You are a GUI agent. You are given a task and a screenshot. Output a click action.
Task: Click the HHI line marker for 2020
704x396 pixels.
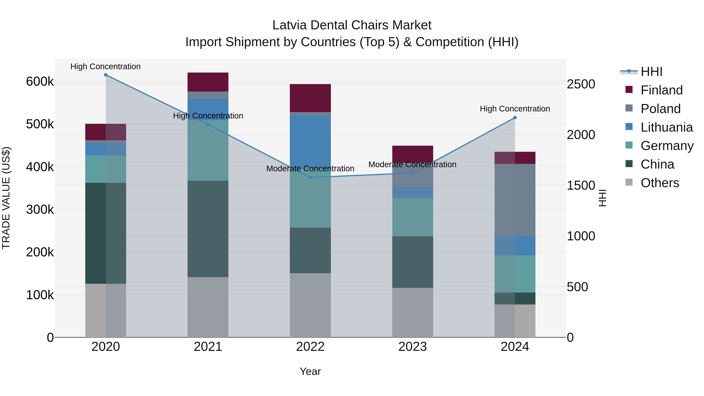106,75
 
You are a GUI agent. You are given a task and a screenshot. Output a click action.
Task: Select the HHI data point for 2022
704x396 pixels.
310,177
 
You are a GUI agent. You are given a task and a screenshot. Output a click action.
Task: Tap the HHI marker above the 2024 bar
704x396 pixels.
515,118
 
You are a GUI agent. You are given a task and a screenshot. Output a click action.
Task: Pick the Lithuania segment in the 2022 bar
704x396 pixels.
310,139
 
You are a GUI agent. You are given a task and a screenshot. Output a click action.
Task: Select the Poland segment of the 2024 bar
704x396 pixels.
515,200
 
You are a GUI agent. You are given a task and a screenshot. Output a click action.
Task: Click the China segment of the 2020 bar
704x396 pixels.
106,233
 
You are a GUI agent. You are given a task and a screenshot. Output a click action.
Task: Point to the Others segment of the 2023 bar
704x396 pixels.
413,312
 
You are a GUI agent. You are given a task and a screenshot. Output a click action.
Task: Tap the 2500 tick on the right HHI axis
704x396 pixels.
581,84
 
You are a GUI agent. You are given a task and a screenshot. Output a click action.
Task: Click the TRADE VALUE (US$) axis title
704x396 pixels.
6,198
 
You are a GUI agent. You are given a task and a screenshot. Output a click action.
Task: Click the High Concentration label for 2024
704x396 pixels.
515,109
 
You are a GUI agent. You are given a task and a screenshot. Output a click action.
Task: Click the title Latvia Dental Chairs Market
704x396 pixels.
352,25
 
